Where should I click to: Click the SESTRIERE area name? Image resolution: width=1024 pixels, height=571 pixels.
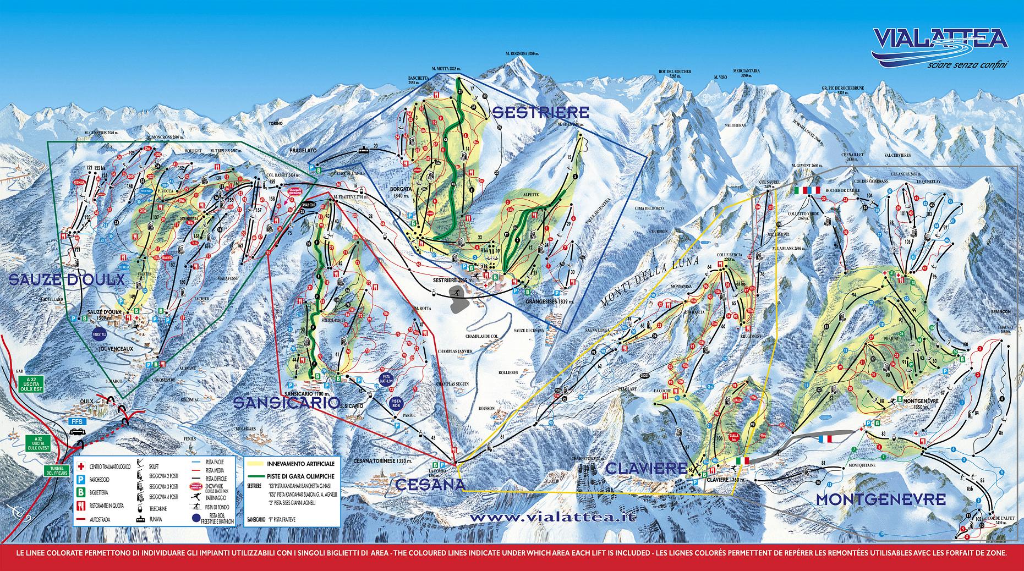(540, 113)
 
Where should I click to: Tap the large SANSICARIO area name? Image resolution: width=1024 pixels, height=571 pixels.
(286, 403)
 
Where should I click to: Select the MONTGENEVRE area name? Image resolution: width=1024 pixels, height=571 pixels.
(880, 499)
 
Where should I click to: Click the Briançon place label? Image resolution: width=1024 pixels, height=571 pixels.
(1003, 311)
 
